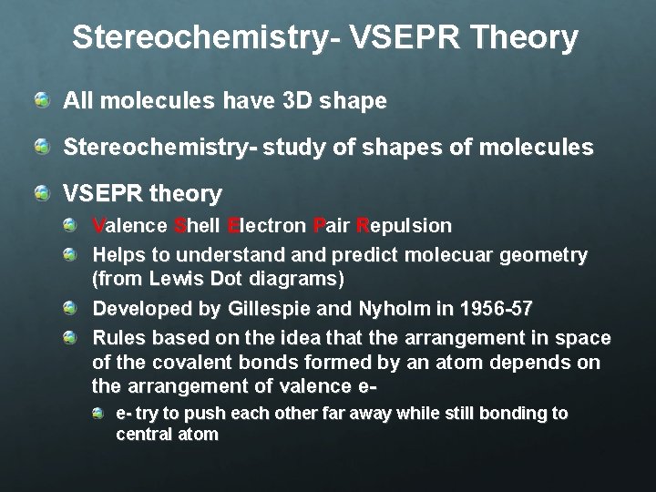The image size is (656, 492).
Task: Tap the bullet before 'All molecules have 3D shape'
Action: pos(42,100)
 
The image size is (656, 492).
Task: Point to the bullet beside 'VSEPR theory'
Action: pos(42,192)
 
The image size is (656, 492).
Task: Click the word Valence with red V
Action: pos(130,225)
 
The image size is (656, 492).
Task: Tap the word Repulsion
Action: pos(404,225)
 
